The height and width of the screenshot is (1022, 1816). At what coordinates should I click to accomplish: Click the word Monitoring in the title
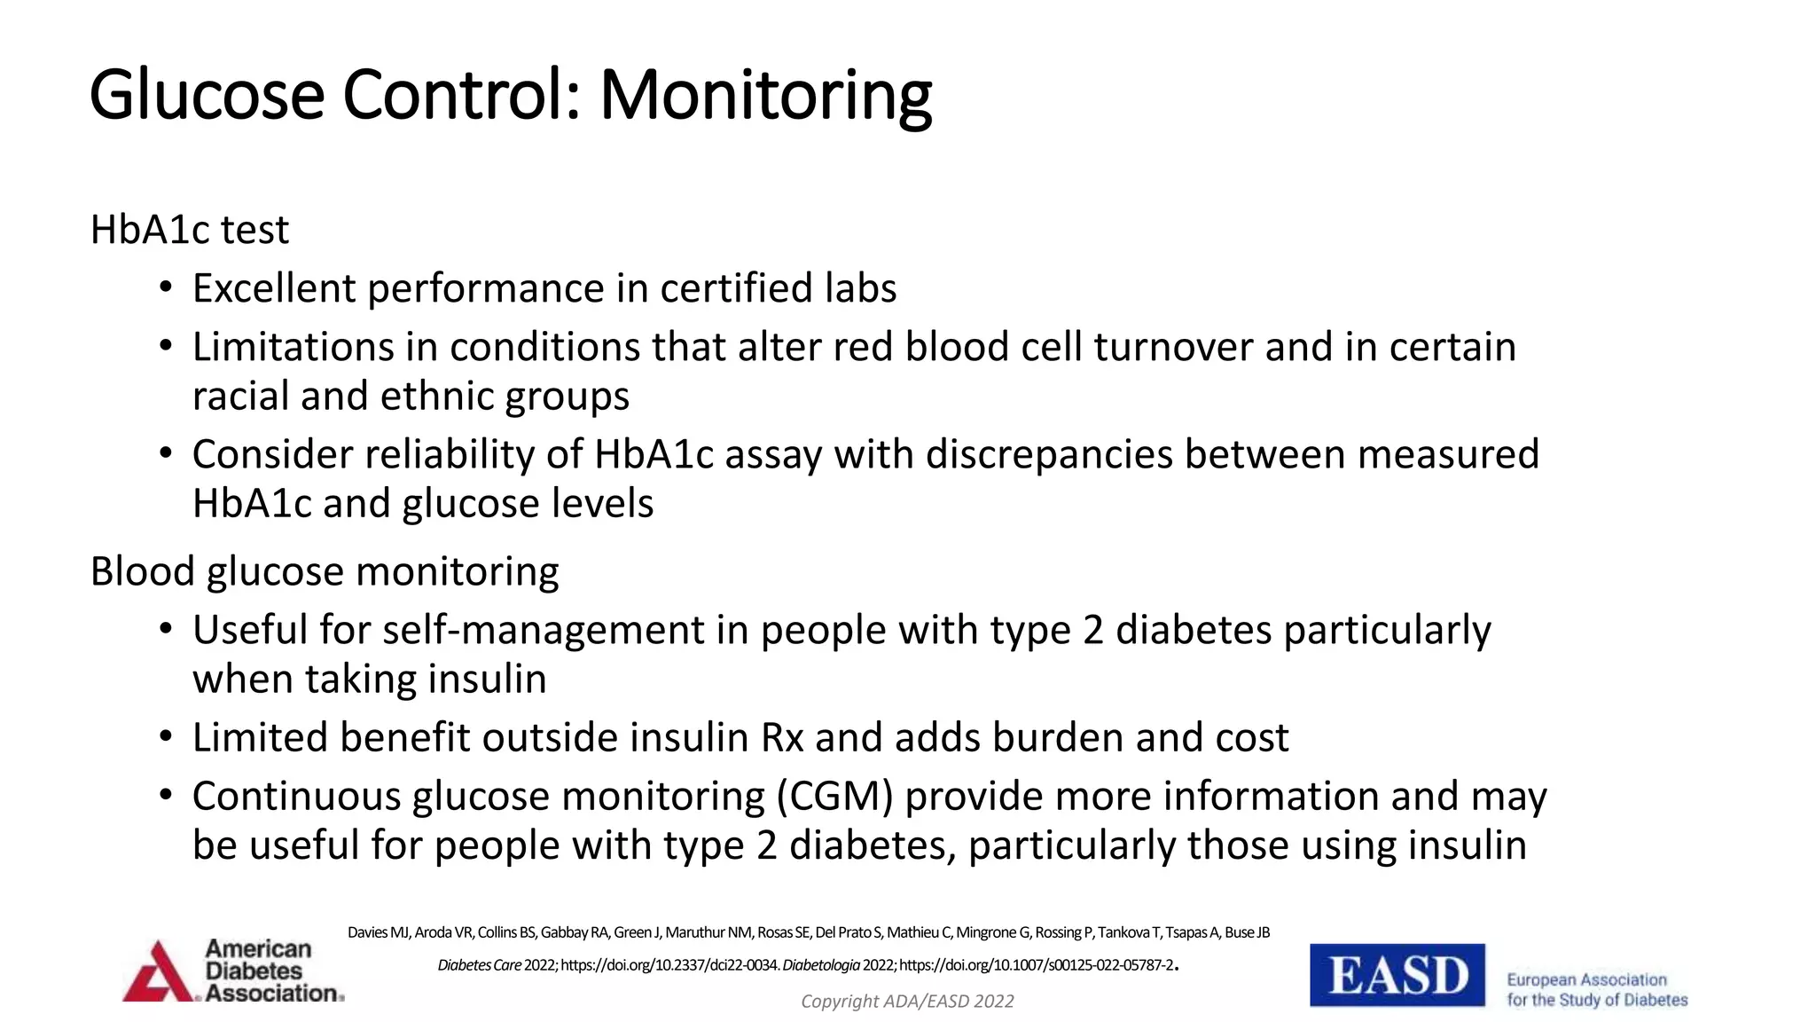[x=765, y=96]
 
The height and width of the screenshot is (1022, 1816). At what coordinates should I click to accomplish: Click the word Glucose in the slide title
[x=207, y=96]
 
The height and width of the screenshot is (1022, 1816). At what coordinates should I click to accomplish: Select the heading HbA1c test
[x=190, y=230]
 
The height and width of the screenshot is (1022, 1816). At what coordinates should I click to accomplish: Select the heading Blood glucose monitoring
[x=325, y=571]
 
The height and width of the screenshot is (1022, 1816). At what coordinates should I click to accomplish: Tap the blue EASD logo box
[x=1397, y=975]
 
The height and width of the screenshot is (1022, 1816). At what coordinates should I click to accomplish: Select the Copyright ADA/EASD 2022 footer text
[x=907, y=1002]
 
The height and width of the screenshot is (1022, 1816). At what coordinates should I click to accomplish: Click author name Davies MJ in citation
[x=379, y=932]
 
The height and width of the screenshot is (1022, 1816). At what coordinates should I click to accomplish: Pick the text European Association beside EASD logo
[x=1586, y=980]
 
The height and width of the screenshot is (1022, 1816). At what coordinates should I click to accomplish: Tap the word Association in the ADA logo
[x=271, y=994]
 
